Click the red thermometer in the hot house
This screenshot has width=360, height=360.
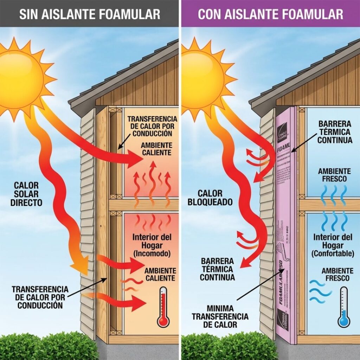[x=163, y=308]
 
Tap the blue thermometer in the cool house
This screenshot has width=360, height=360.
[x=343, y=308]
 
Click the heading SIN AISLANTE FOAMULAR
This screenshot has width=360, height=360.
[x=90, y=14]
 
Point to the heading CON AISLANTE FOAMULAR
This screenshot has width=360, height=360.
[x=270, y=14]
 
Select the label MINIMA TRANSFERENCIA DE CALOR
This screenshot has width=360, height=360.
[x=220, y=316]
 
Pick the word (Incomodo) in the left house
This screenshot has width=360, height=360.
[x=150, y=253]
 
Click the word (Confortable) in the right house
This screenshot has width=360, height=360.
[x=333, y=253]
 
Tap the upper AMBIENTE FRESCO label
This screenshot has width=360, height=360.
[x=334, y=175]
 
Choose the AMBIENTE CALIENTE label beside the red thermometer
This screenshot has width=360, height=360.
[x=160, y=274]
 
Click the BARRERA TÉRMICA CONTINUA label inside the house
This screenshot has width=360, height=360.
[x=335, y=132]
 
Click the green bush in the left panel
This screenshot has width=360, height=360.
[x=49, y=346]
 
